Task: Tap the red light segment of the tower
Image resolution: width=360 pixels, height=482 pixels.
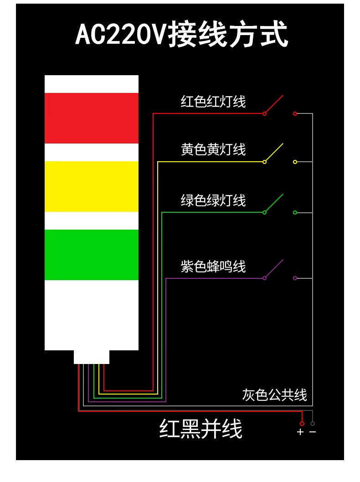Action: [x=91, y=118]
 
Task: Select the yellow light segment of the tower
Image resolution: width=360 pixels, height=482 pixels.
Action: [x=91, y=186]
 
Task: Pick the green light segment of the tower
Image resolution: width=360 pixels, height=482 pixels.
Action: [x=91, y=254]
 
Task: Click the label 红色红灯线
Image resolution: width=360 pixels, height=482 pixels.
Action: [x=213, y=102]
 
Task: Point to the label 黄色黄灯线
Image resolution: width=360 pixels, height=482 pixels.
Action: [x=213, y=149]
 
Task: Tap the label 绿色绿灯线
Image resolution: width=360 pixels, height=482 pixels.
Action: [x=213, y=200]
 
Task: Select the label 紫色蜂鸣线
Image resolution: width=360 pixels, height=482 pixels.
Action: [x=213, y=267]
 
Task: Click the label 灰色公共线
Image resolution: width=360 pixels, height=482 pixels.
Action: [x=274, y=395]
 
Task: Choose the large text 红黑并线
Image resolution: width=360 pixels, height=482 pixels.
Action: [x=201, y=429]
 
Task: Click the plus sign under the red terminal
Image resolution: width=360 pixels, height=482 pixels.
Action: [x=300, y=432]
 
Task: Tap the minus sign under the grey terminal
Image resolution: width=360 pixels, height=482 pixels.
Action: [x=313, y=432]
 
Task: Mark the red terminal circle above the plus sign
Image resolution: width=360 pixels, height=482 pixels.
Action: [x=302, y=424]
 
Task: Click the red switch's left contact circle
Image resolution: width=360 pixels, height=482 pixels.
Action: [x=264, y=113]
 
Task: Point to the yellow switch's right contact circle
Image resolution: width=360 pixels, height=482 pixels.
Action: [x=295, y=162]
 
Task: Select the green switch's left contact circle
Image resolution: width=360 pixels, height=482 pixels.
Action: [x=264, y=212]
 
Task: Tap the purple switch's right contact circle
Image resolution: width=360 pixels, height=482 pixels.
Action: [x=295, y=278]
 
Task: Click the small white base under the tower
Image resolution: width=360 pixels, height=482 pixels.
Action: [x=92, y=357]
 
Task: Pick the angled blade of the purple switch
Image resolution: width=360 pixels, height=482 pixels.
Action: [x=274, y=268]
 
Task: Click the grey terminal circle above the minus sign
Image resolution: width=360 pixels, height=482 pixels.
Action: [x=313, y=424]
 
